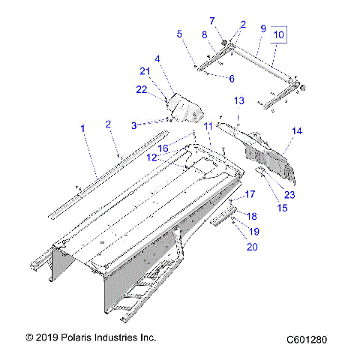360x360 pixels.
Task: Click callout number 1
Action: pyautogui.click(x=82, y=129)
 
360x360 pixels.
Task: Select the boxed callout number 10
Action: pyautogui.click(x=278, y=34)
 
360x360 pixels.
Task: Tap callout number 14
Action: pyautogui.click(x=297, y=131)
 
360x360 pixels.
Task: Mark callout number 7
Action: pyautogui.click(x=211, y=20)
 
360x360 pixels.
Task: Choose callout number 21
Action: pyautogui.click(x=145, y=71)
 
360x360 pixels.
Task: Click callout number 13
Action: pyautogui.click(x=239, y=100)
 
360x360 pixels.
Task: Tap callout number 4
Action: pyautogui.click(x=157, y=58)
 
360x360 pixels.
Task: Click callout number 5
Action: pyautogui.click(x=179, y=34)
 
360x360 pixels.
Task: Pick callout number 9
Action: pyautogui.click(x=262, y=28)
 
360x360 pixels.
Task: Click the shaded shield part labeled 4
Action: pyautogui.click(x=184, y=107)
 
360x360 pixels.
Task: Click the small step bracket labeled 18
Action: pyautogui.click(x=223, y=219)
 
